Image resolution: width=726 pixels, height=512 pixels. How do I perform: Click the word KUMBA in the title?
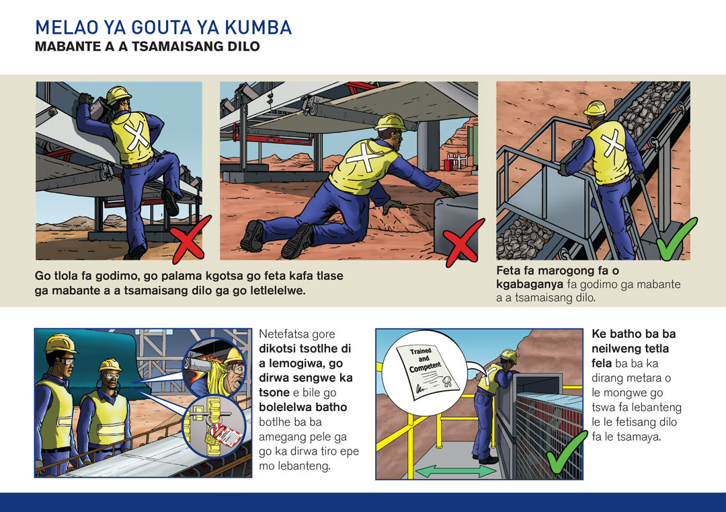point(258,28)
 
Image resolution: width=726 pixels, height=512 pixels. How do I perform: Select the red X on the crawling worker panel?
point(464,242)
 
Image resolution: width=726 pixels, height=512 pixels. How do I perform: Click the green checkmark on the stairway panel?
point(676,239)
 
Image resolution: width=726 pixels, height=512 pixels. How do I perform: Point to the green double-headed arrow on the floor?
point(456,471)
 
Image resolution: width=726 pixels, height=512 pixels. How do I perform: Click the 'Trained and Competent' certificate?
point(426,371)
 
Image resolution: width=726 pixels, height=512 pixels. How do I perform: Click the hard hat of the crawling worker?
point(391,122)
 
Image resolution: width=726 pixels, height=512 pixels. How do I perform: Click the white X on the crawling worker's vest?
point(366,157)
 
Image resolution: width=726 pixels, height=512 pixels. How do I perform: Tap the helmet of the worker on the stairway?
point(595,108)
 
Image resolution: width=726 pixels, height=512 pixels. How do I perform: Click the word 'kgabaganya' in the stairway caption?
point(530,284)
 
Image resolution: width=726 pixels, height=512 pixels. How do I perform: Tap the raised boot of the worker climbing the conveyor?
point(170,203)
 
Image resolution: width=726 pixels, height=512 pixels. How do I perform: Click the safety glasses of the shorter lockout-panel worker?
point(111,376)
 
